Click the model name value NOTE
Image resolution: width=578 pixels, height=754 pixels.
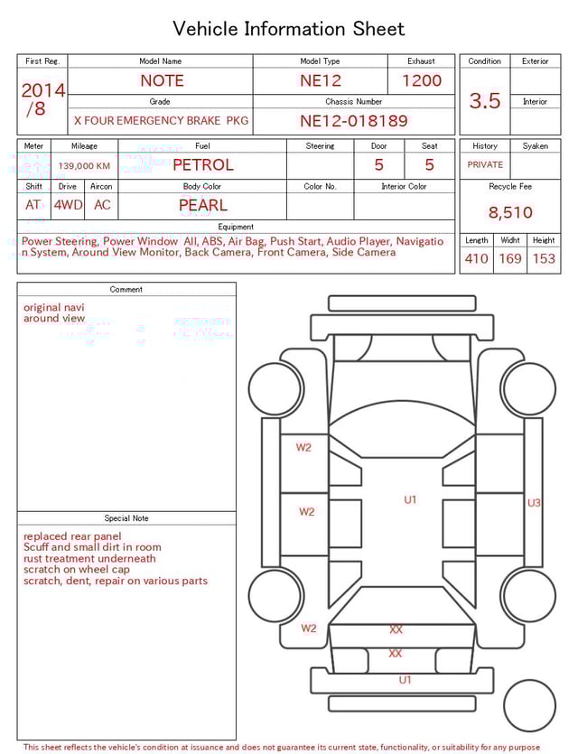click(162, 80)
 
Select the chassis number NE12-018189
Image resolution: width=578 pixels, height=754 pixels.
click(353, 120)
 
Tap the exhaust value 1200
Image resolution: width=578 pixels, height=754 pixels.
click(422, 80)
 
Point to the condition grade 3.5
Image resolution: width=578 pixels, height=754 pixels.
click(485, 100)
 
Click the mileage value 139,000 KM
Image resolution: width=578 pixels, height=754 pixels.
click(84, 166)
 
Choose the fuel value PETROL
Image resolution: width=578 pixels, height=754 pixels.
click(202, 165)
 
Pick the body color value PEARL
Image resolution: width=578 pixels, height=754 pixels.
click(202, 205)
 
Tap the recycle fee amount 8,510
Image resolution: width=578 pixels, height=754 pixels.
click(510, 213)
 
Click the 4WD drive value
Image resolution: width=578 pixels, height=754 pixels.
click(68, 205)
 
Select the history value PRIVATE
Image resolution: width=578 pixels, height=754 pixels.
click(485, 165)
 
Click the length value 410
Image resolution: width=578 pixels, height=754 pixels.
click(476, 259)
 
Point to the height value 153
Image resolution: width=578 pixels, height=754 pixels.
click(544, 259)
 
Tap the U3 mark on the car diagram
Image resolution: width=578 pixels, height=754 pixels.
click(534, 503)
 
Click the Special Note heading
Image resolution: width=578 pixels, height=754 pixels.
click(126, 518)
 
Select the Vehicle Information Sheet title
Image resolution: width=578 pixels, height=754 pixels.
click(289, 29)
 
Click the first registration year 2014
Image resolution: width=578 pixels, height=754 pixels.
click(42, 91)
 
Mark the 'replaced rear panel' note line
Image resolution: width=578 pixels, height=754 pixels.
click(72, 536)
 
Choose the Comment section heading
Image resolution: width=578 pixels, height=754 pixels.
click(126, 290)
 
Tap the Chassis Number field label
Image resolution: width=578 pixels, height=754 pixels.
click(353, 102)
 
